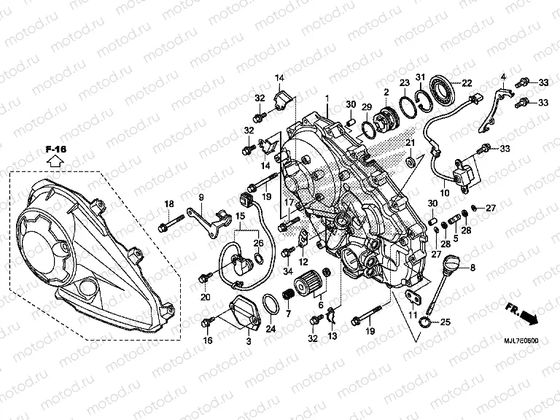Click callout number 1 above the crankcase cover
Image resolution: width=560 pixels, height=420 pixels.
327,98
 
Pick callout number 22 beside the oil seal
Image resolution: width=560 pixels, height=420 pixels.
467,82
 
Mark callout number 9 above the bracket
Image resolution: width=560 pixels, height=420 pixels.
201,198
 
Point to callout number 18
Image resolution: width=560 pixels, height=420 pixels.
168,203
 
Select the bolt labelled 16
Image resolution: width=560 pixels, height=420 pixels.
209,321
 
